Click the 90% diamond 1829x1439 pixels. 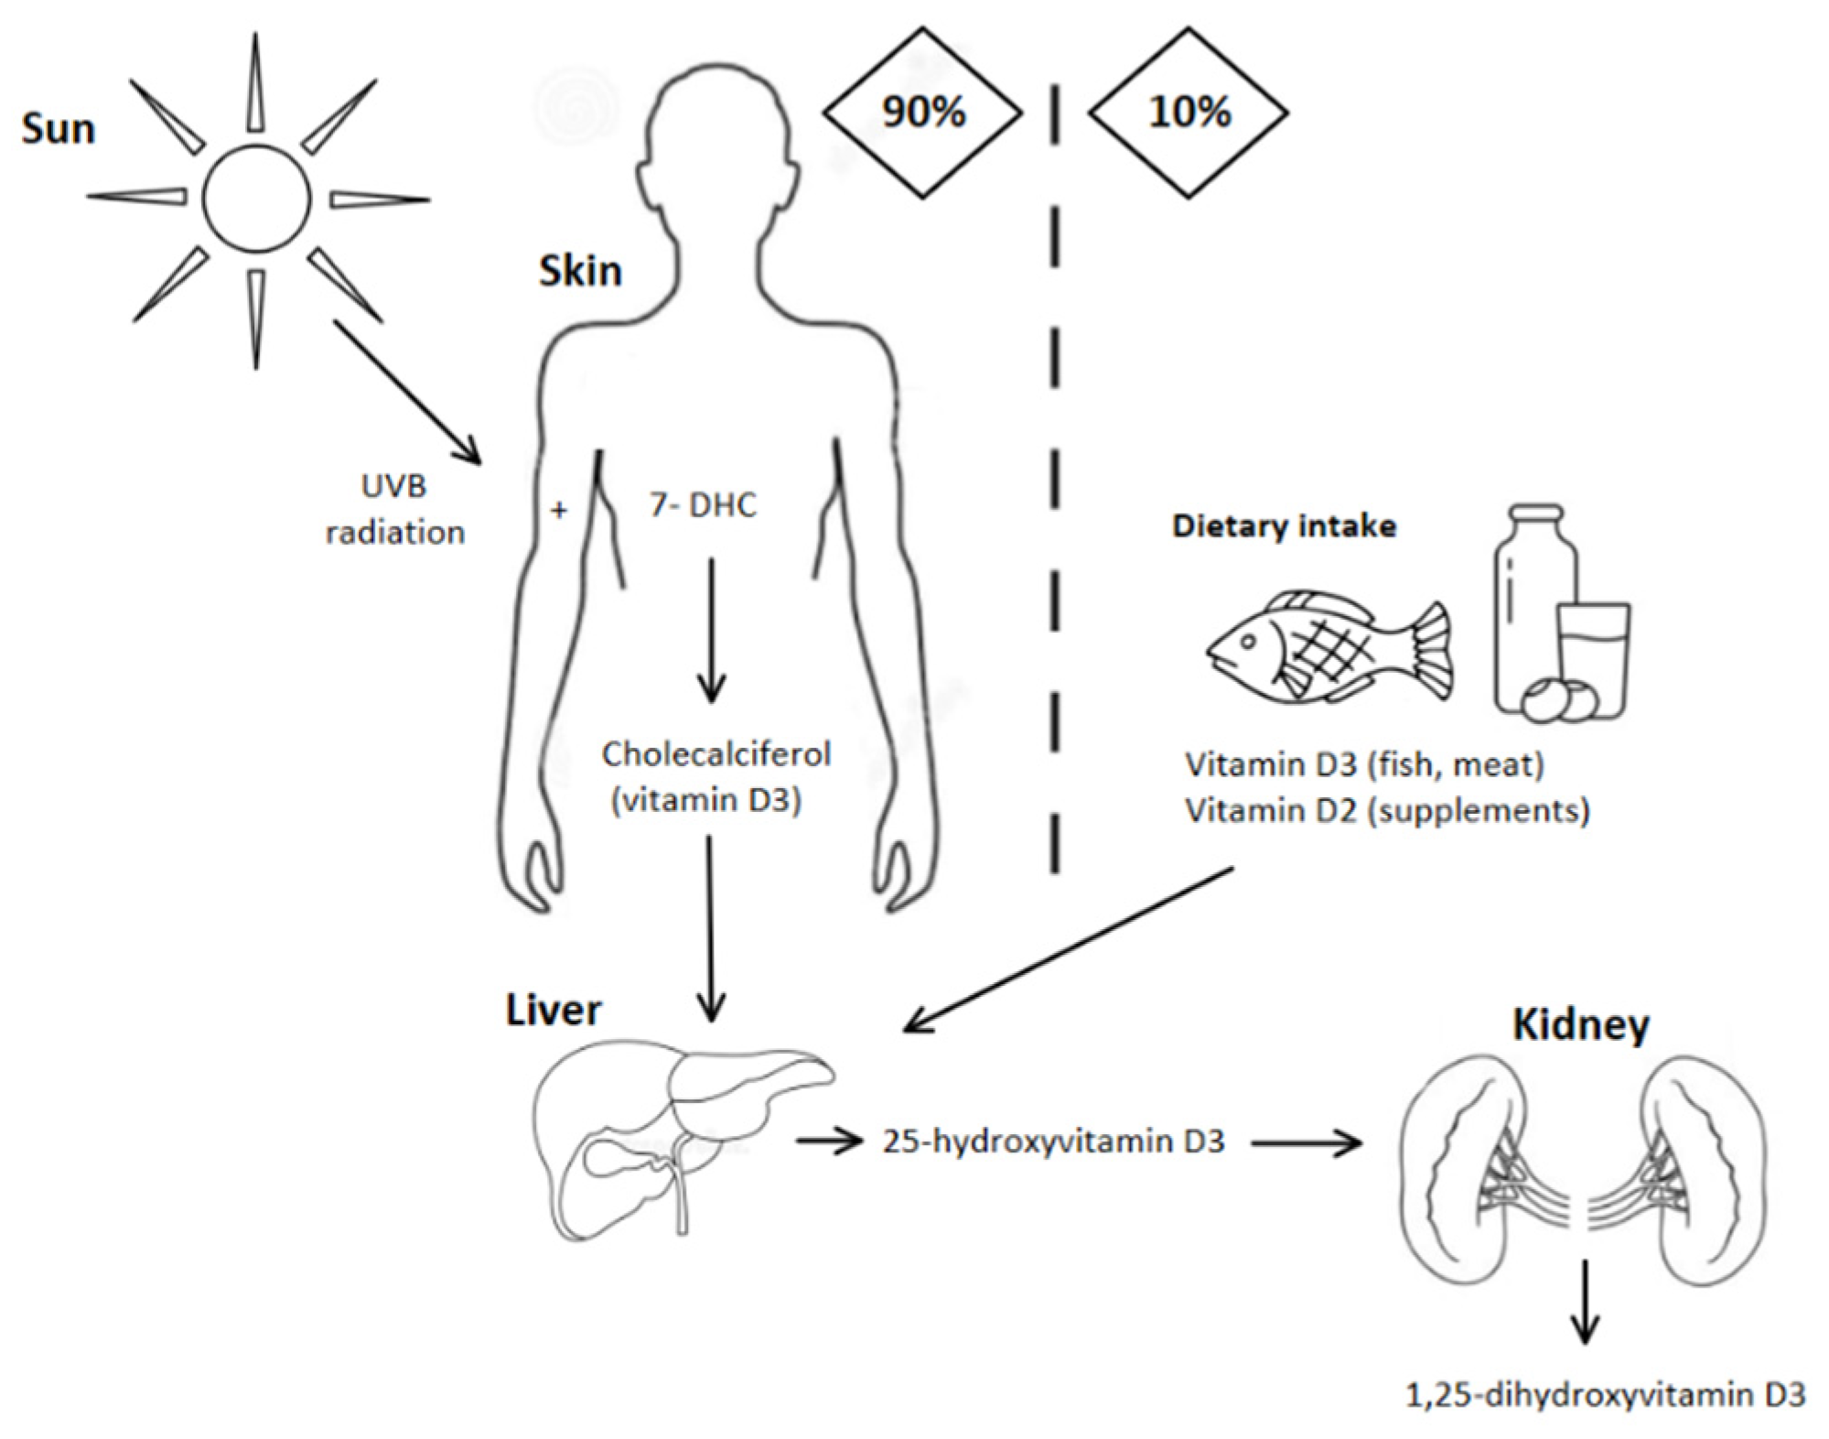coord(922,113)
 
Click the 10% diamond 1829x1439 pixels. coord(1188,113)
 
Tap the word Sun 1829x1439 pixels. coord(58,128)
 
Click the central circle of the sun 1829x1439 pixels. coord(256,199)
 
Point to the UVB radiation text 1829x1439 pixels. coord(394,509)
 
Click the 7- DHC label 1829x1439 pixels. coord(703,505)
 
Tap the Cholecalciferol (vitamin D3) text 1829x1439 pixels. coord(715,776)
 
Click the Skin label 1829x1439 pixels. coord(580,271)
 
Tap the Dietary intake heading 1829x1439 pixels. coord(1284,526)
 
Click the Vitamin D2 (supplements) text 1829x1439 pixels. coord(1387,810)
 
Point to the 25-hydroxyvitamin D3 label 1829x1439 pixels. coord(1052,1141)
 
